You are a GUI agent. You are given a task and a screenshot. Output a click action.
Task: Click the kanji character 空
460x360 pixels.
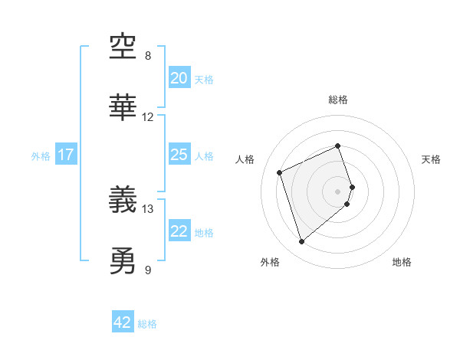point(123,49)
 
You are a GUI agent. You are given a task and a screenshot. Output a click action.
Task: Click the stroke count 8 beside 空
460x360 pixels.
point(148,56)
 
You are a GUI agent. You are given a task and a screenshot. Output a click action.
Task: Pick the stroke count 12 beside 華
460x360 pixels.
point(148,117)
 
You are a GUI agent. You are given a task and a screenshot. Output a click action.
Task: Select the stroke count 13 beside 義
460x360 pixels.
point(148,208)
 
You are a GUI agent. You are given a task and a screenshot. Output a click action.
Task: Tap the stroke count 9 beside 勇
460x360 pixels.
point(148,269)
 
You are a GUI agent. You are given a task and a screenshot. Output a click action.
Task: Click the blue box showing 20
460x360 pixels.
point(179,78)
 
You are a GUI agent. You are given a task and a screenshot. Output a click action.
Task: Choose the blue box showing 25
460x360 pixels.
point(179,155)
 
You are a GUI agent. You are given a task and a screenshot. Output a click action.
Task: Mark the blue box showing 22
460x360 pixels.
point(179,231)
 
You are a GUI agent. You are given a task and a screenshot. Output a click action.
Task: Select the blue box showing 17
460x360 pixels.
point(66,155)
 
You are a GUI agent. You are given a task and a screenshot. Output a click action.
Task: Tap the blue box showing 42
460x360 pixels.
point(123,322)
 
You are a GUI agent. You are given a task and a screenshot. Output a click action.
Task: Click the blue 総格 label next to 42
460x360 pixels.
point(147,324)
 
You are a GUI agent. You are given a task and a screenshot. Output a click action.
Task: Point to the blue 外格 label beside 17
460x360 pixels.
point(41,156)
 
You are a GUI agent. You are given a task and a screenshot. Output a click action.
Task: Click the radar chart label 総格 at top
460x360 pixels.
point(338,100)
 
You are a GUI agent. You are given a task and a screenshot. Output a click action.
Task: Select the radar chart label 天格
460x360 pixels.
point(432,159)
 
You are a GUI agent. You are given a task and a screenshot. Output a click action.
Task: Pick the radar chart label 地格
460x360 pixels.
point(402,263)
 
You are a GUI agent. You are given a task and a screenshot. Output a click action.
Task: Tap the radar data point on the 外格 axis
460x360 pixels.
point(301,242)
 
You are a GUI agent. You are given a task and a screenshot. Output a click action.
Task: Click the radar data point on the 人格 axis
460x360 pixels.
point(281,172)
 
